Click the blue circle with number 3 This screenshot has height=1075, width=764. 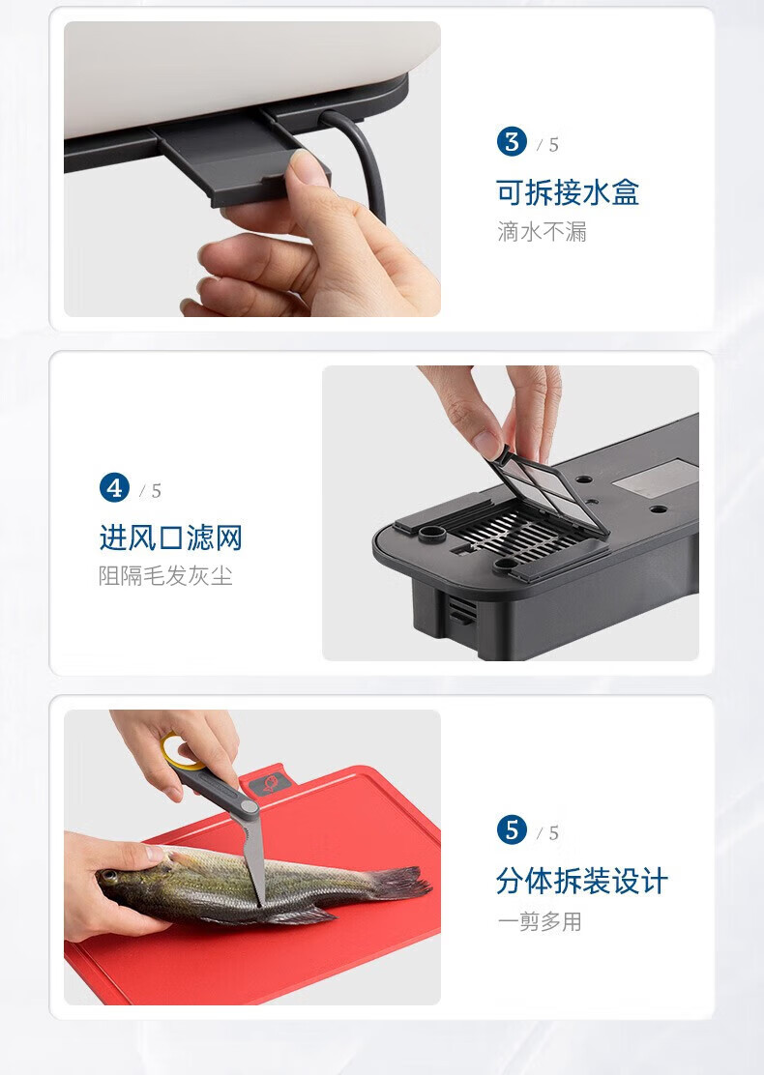click(x=512, y=142)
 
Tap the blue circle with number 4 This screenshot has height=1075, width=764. click(x=114, y=488)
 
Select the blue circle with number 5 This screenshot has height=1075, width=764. click(x=512, y=830)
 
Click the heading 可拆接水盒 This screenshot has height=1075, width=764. click(x=568, y=192)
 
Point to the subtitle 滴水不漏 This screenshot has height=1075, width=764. click(x=542, y=232)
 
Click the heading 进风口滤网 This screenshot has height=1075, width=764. click(x=171, y=537)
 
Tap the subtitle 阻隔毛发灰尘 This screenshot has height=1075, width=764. click(x=165, y=576)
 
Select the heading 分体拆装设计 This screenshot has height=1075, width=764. click(x=581, y=882)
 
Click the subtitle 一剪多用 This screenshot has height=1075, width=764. click(x=540, y=921)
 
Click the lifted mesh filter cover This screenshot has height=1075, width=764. click(x=548, y=490)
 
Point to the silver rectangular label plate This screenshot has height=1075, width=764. click(x=656, y=478)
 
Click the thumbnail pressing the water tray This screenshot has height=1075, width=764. click(x=308, y=166)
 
